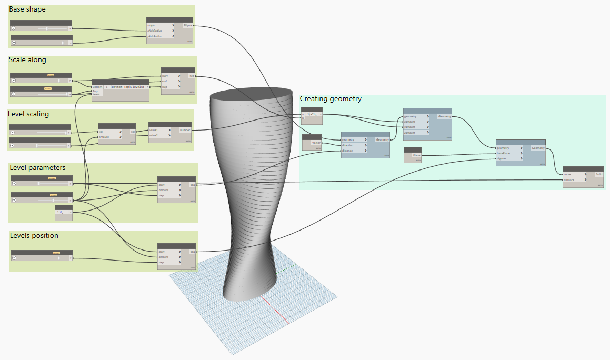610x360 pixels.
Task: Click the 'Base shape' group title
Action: pos(27,9)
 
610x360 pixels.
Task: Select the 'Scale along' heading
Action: pos(27,60)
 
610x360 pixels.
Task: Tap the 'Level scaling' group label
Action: pos(28,114)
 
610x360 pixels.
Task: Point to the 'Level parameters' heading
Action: pos(37,167)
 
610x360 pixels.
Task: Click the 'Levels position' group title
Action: pos(34,235)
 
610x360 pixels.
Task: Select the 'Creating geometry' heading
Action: pos(331,98)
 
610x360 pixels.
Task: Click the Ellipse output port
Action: pos(188,25)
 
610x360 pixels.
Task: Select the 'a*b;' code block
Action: pos(313,114)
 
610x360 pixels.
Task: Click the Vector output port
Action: pos(316,143)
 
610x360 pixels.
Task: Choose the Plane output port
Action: pos(416,156)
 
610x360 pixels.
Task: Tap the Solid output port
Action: pos(598,174)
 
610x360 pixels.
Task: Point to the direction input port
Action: pos(354,145)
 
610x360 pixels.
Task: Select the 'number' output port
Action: pos(185,129)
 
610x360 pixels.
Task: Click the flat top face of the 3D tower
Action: pos(251,94)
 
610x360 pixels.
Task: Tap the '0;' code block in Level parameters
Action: pos(63,212)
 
